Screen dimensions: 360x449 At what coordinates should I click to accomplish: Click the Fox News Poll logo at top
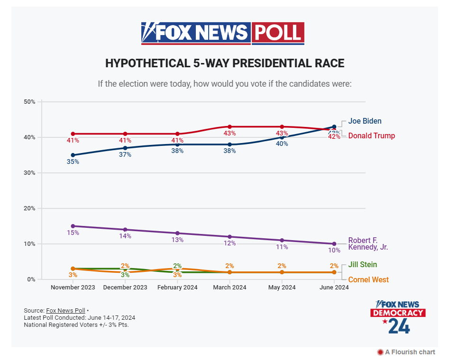pyautogui.click(x=223, y=33)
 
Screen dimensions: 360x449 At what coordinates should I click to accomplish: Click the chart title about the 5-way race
pyautogui.click(x=224, y=63)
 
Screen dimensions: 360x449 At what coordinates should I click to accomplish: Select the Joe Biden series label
pyautogui.click(x=365, y=121)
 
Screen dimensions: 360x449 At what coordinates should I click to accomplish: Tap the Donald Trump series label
pyautogui.click(x=371, y=136)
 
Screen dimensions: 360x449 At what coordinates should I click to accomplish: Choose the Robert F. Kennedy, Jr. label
pyautogui.click(x=368, y=243)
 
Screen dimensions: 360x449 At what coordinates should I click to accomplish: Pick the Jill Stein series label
pyautogui.click(x=363, y=265)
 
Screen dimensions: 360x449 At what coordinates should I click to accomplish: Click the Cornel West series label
pyautogui.click(x=368, y=279)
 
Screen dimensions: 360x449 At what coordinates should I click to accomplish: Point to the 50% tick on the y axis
pyautogui.click(x=29, y=102)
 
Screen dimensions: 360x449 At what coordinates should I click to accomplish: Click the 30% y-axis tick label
pyautogui.click(x=29, y=173)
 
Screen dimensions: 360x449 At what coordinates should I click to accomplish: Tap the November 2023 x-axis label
pyautogui.click(x=73, y=288)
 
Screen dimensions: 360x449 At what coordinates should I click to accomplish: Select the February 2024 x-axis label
pyautogui.click(x=177, y=288)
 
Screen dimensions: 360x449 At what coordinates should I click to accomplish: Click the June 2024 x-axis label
pyautogui.click(x=334, y=288)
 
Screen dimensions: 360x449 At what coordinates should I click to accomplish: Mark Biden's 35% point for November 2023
pyautogui.click(x=73, y=155)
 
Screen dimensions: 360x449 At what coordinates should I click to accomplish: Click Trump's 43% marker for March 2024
pyautogui.click(x=229, y=127)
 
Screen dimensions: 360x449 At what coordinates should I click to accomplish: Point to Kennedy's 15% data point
pyautogui.click(x=73, y=226)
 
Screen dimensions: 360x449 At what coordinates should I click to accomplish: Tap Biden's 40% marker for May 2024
pyautogui.click(x=282, y=137)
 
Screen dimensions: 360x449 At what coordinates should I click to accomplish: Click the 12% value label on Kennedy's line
pyautogui.click(x=229, y=243)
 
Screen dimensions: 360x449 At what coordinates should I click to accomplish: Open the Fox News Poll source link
pyautogui.click(x=65, y=310)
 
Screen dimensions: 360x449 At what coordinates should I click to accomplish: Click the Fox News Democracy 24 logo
pyautogui.click(x=398, y=316)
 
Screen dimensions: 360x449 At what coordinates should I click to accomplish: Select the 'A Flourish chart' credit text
pyautogui.click(x=406, y=352)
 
